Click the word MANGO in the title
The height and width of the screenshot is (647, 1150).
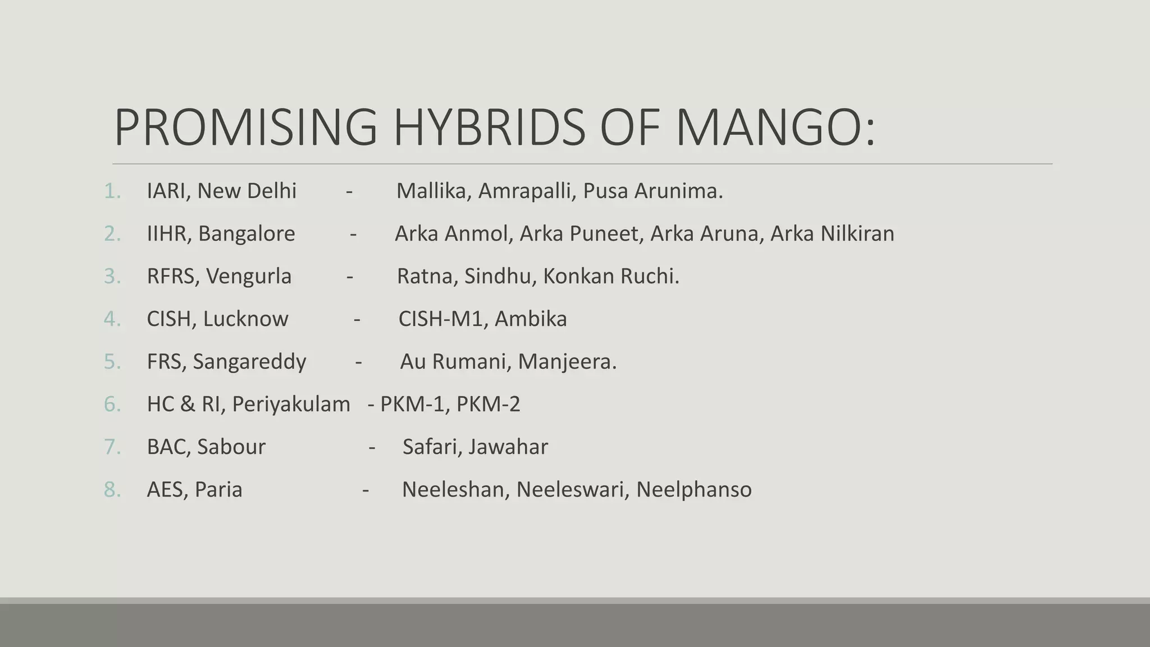pyautogui.click(x=775, y=127)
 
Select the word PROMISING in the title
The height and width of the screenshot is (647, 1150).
pyautogui.click(x=245, y=127)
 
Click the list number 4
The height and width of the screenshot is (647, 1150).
pyautogui.click(x=112, y=319)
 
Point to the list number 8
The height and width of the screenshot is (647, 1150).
pyautogui.click(x=112, y=490)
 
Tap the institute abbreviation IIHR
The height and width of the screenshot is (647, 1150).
pyautogui.click(x=165, y=234)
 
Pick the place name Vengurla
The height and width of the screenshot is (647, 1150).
pyautogui.click(x=248, y=276)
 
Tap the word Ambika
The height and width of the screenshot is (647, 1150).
pyautogui.click(x=531, y=319)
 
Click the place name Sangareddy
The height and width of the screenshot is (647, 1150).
pyautogui.click(x=249, y=362)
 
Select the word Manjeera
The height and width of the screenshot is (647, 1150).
pyautogui.click(x=567, y=362)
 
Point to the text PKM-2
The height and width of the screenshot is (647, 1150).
pyautogui.click(x=488, y=404)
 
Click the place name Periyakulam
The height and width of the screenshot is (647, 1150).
pyautogui.click(x=291, y=404)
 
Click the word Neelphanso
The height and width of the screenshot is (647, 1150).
pyautogui.click(x=693, y=490)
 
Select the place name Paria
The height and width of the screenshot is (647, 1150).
pyautogui.click(x=218, y=490)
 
